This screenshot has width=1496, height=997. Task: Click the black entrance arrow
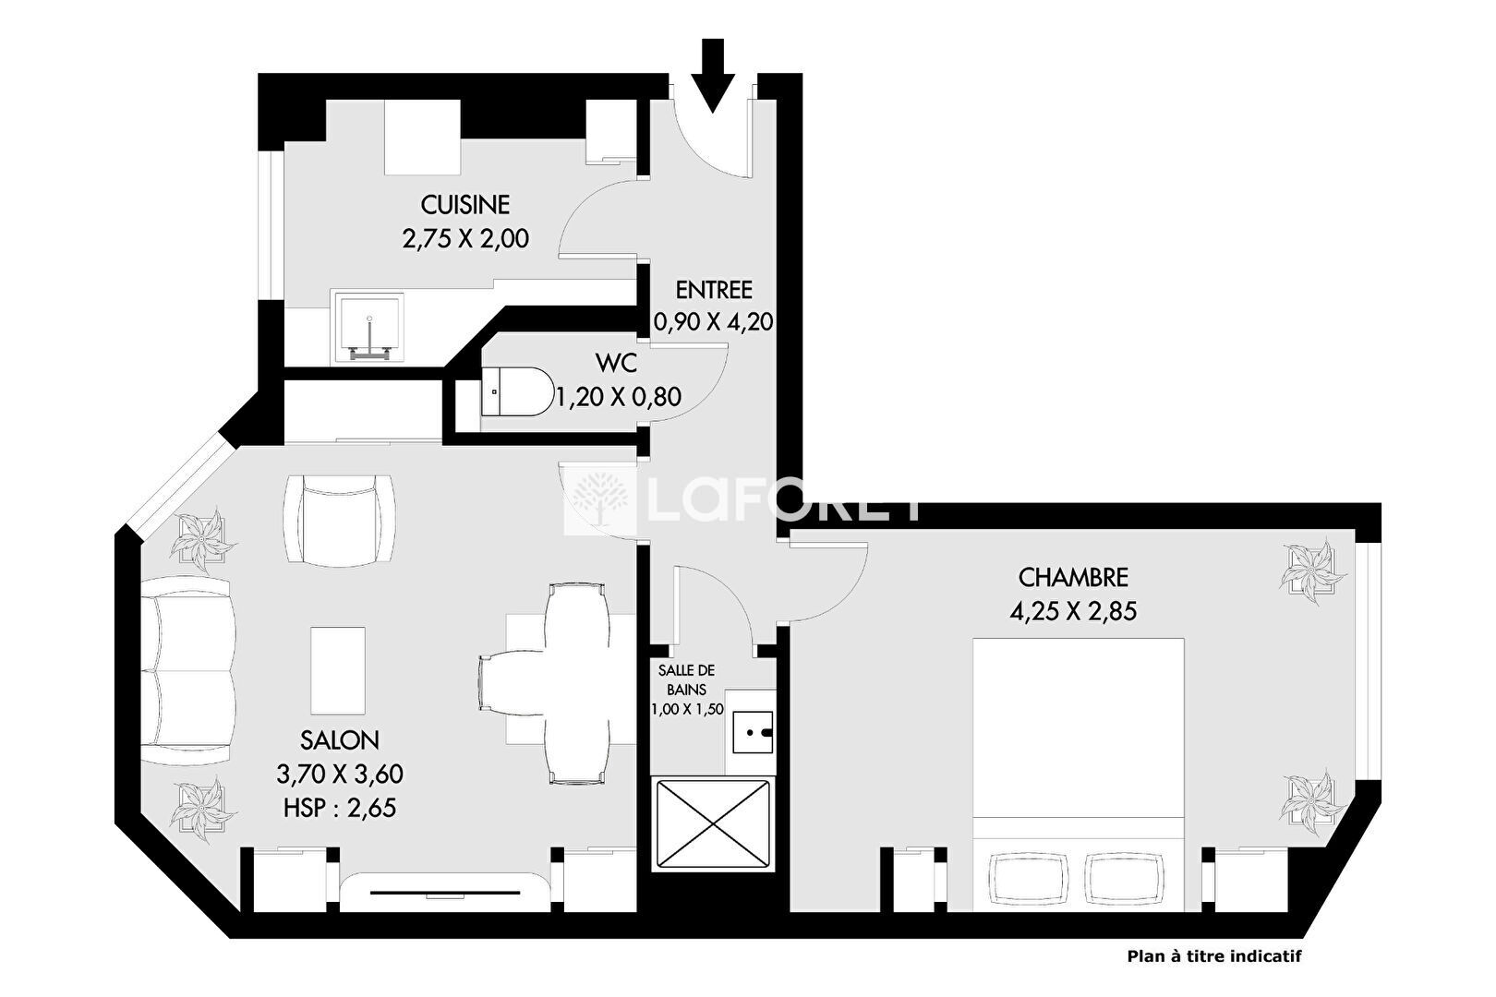pyautogui.click(x=713, y=75)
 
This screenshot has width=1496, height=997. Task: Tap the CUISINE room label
pyautogui.click(x=465, y=205)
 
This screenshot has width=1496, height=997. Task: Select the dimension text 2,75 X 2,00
pyautogui.click(x=465, y=238)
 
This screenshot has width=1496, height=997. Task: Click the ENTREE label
pyautogui.click(x=714, y=290)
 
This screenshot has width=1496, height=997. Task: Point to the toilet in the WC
pyautogui.click(x=517, y=390)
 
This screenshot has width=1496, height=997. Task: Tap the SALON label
pyautogui.click(x=339, y=740)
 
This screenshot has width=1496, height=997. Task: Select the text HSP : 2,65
pyautogui.click(x=339, y=808)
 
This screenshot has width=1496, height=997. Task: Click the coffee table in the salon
pyautogui.click(x=338, y=670)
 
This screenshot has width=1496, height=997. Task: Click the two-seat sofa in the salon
pyautogui.click(x=187, y=670)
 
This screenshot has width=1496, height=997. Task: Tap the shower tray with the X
pyautogui.click(x=713, y=824)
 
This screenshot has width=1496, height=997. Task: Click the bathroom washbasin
pyautogui.click(x=752, y=732)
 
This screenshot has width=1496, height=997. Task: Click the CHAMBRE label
pyautogui.click(x=1073, y=578)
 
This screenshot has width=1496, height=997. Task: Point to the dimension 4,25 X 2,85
pyautogui.click(x=1073, y=612)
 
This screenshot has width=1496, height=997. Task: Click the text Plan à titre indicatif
pyautogui.click(x=1214, y=956)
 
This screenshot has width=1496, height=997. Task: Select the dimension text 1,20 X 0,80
pyautogui.click(x=619, y=397)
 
